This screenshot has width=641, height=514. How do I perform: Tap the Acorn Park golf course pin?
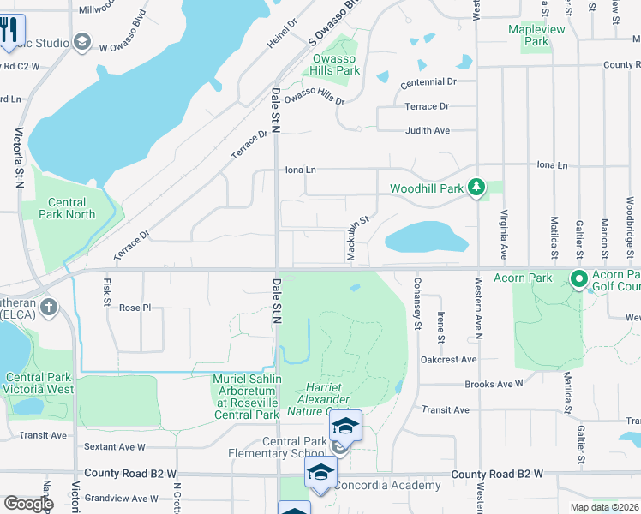(579, 278)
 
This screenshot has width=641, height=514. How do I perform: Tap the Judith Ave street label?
(427, 131)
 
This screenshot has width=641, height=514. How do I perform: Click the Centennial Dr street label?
(428, 81)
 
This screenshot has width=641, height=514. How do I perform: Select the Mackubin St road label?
(357, 234)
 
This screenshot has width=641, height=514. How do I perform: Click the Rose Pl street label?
(135, 308)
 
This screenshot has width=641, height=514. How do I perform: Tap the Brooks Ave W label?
(494, 385)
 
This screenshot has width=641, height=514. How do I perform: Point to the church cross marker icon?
(49, 307)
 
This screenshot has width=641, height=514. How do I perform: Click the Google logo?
(28, 503)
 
